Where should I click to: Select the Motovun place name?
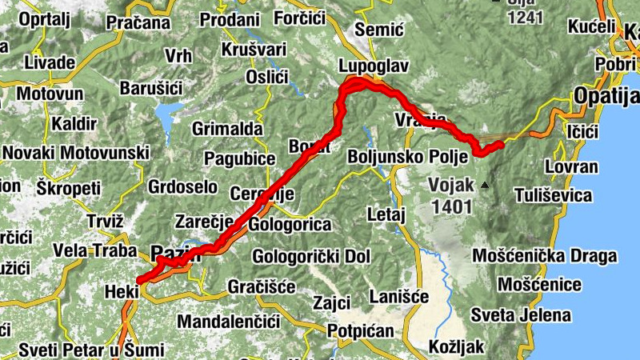pos(50,94)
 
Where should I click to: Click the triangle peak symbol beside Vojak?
pos(484,186)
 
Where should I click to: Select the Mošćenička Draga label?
pos(546,256)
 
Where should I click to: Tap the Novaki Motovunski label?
pos(77,152)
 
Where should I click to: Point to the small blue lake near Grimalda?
pos(169,121)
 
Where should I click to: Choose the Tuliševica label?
pos(554,195)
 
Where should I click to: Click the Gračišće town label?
pos(262,286)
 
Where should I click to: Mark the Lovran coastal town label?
pos(570,167)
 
